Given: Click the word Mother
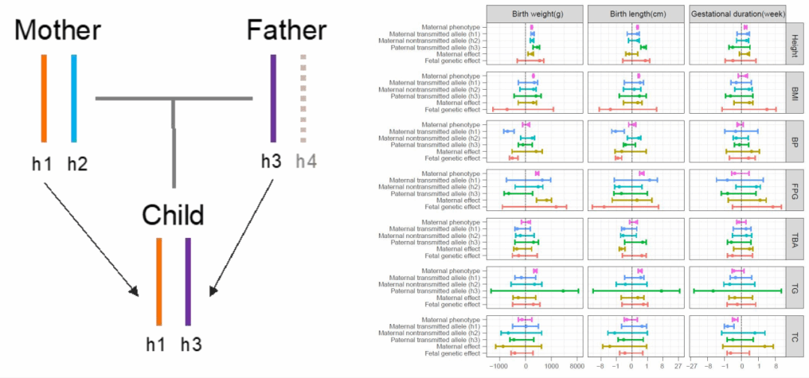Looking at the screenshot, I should coord(57,31).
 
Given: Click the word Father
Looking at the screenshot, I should coord(287,31).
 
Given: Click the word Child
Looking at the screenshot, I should coord(173,216).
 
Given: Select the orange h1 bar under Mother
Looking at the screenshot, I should coord(44,98).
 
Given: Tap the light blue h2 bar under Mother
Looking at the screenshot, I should coord(73,98).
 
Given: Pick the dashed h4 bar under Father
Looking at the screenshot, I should coord(303,98).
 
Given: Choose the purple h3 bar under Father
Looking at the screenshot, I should coord(273,98).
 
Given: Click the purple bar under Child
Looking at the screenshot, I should coord(188,281).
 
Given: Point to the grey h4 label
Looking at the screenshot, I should coord(307,161).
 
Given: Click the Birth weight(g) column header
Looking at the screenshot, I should coord(535,14).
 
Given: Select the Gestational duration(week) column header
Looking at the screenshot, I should coord(736,14).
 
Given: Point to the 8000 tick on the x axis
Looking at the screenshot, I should coord(575,368).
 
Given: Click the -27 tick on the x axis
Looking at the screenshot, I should coord(694,368).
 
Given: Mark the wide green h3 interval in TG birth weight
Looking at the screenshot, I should coord(535,290).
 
